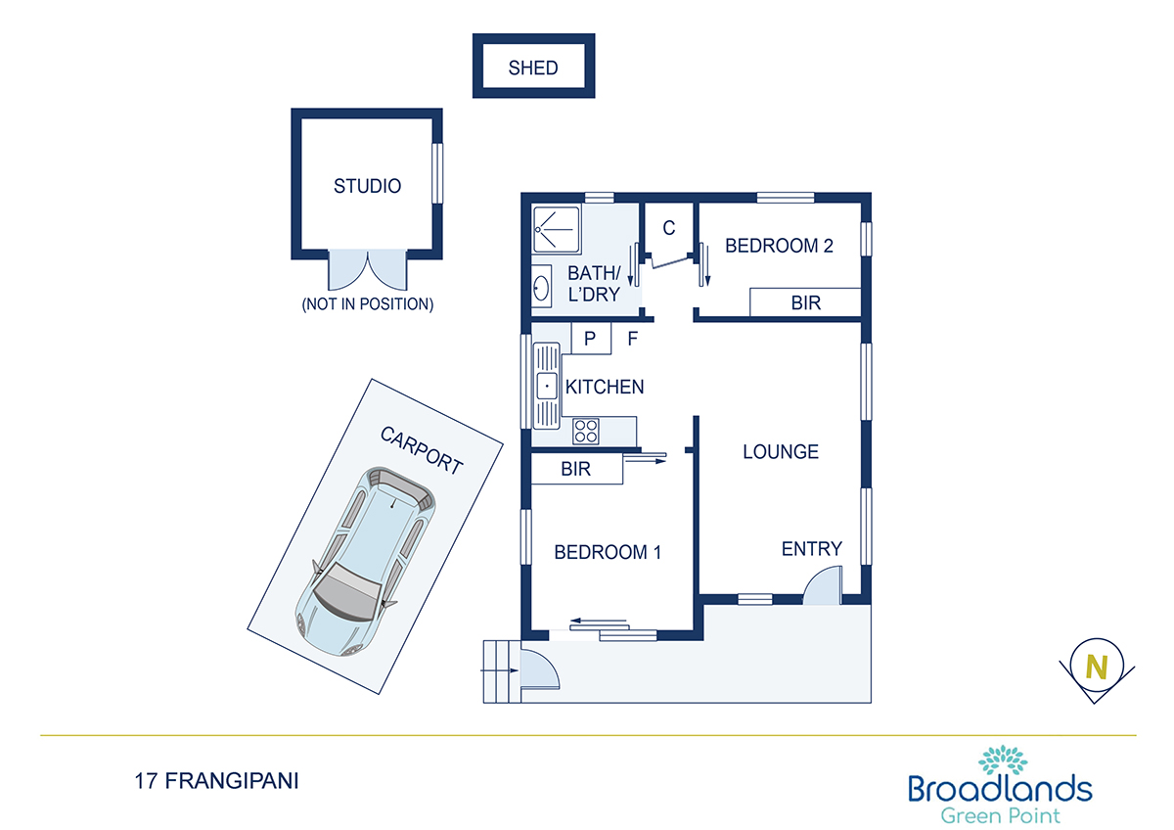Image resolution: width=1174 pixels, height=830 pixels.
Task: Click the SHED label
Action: pos(533,68)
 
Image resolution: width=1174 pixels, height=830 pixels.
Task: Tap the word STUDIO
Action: pos(368,186)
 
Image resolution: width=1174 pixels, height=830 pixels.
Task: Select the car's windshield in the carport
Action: pos(347,588)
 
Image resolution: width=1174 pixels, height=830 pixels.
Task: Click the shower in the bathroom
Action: pos(556,229)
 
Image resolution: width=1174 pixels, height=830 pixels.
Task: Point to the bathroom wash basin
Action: pos(541,286)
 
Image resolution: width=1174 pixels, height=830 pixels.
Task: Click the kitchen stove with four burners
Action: pos(585,431)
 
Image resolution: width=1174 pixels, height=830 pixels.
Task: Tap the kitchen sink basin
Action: pos(547,386)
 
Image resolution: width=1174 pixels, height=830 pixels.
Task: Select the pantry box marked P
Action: pos(591,339)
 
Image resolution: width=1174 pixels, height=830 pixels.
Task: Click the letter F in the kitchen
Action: pos(633,339)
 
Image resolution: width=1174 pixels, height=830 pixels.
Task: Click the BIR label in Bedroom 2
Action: pos(805,302)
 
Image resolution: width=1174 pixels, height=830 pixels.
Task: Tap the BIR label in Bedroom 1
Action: pos(575,469)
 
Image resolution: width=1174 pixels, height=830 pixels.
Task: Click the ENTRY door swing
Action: pos(823,584)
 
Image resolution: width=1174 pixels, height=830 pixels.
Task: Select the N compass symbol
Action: pos(1097,669)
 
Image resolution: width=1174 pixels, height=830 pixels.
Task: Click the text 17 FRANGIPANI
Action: pos(216,781)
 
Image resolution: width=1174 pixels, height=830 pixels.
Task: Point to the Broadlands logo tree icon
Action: pos(1002,760)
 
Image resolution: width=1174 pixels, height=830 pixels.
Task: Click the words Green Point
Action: pos(1000,816)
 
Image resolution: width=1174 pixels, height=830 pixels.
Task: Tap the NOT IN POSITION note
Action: pos(368,304)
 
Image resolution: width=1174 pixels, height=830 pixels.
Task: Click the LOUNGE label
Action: pos(781,452)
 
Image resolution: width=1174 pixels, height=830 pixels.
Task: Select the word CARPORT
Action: pos(422,450)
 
